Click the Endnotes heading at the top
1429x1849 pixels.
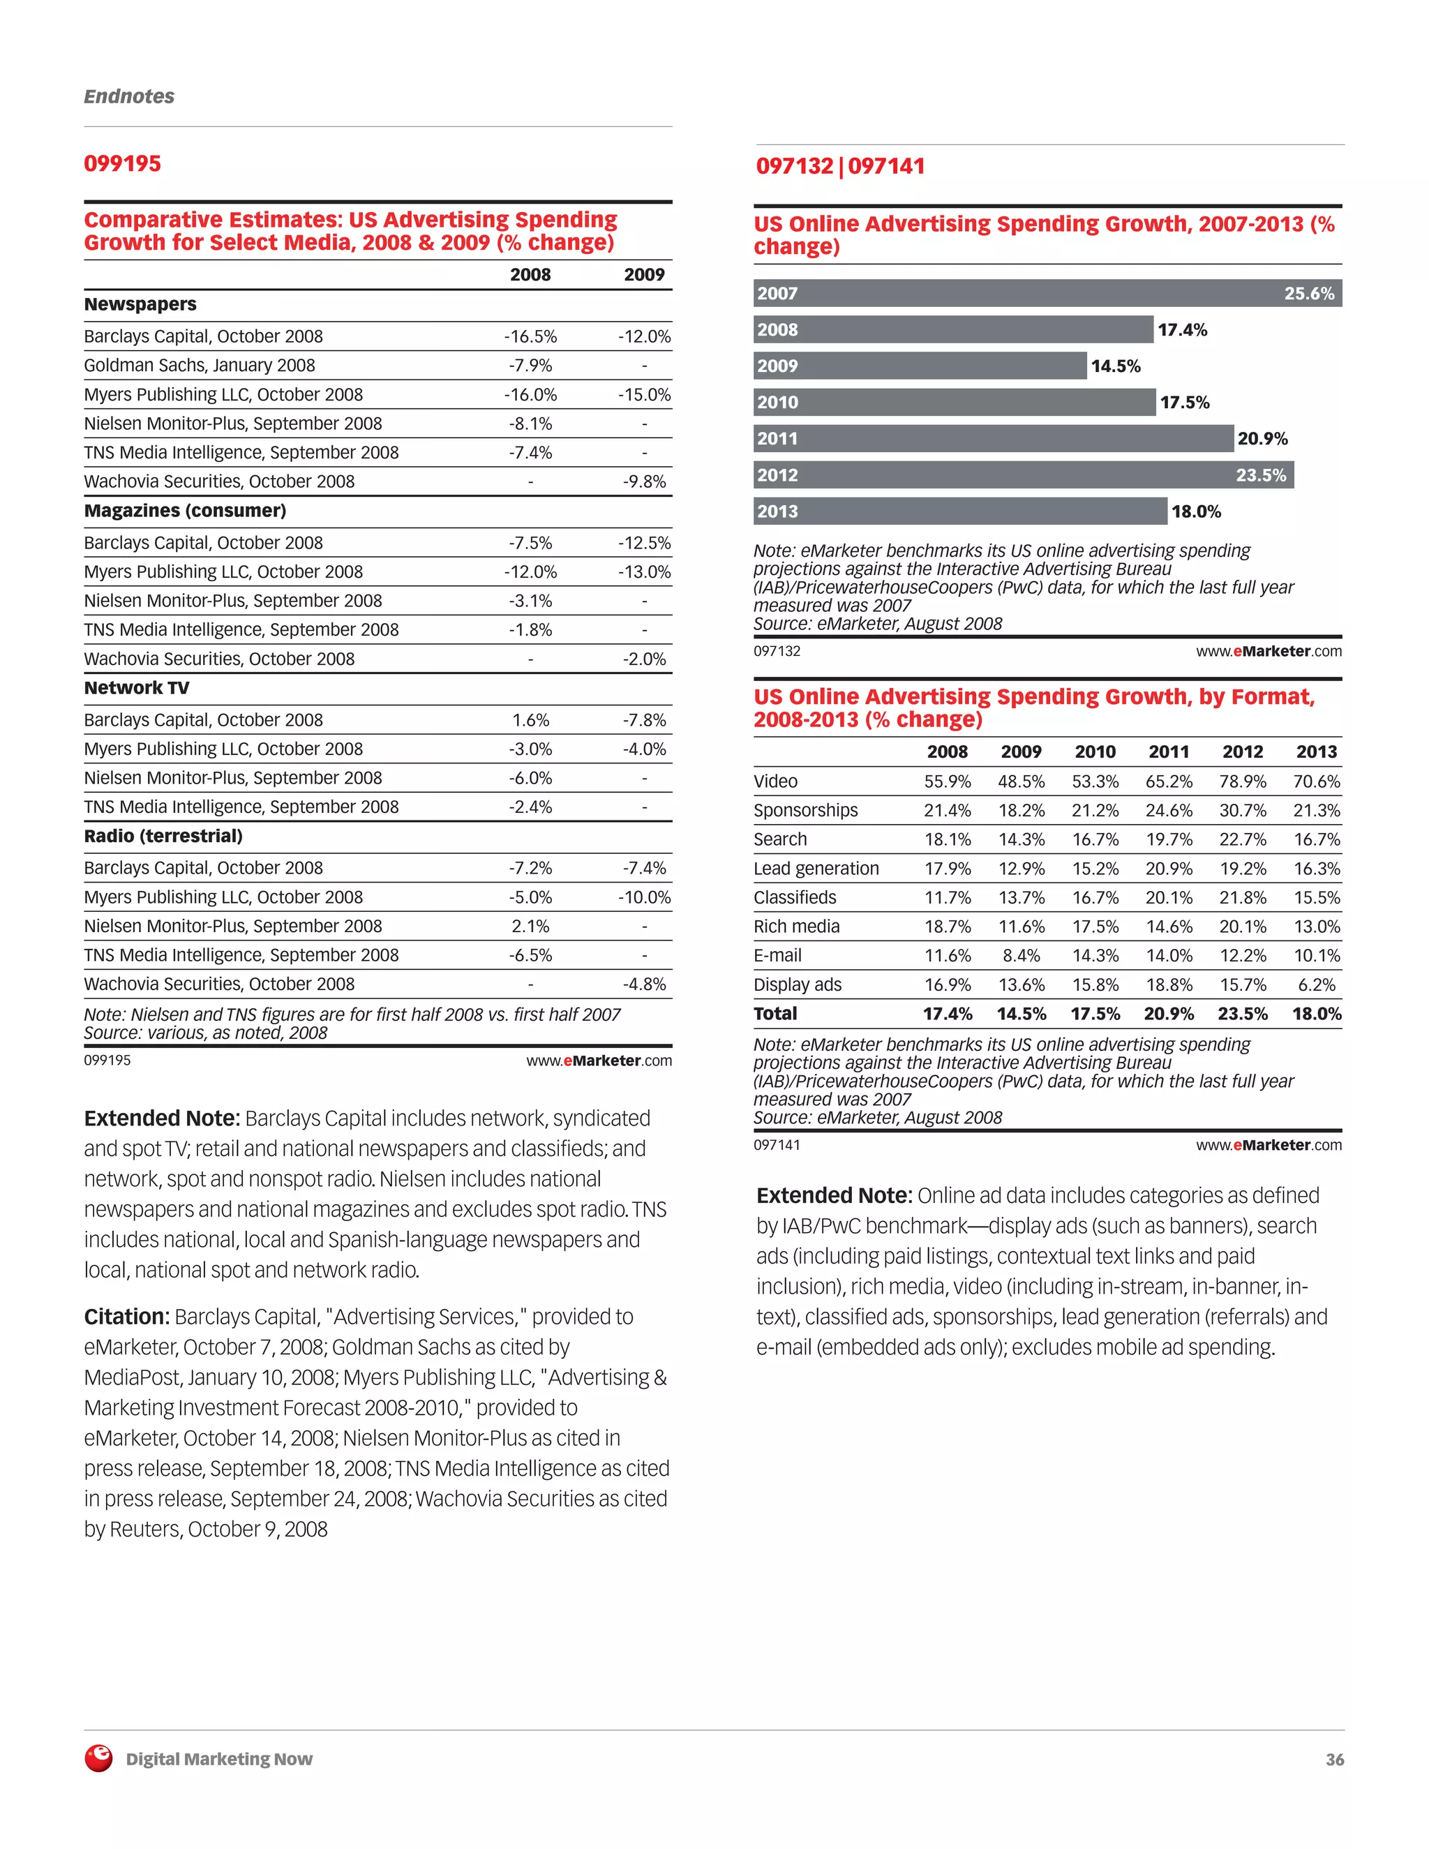click(128, 96)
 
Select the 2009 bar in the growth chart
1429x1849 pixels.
click(920, 366)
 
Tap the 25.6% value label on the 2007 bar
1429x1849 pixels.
click(1308, 294)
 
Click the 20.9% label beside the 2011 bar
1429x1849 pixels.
click(1262, 439)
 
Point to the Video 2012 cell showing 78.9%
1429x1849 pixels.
click(1242, 781)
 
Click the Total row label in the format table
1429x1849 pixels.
click(775, 1013)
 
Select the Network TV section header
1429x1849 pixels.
click(136, 688)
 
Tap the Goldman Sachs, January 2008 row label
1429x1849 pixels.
click(199, 366)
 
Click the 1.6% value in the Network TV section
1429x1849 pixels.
click(530, 721)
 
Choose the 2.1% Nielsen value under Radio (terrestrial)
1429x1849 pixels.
click(530, 926)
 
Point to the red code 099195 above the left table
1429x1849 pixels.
click(122, 163)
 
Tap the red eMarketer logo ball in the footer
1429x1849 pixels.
click(99, 1758)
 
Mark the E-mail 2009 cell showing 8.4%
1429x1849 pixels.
click(1021, 956)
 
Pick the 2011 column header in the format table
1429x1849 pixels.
click(1168, 751)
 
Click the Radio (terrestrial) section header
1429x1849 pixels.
click(163, 837)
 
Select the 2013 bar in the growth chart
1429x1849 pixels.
click(960, 511)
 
